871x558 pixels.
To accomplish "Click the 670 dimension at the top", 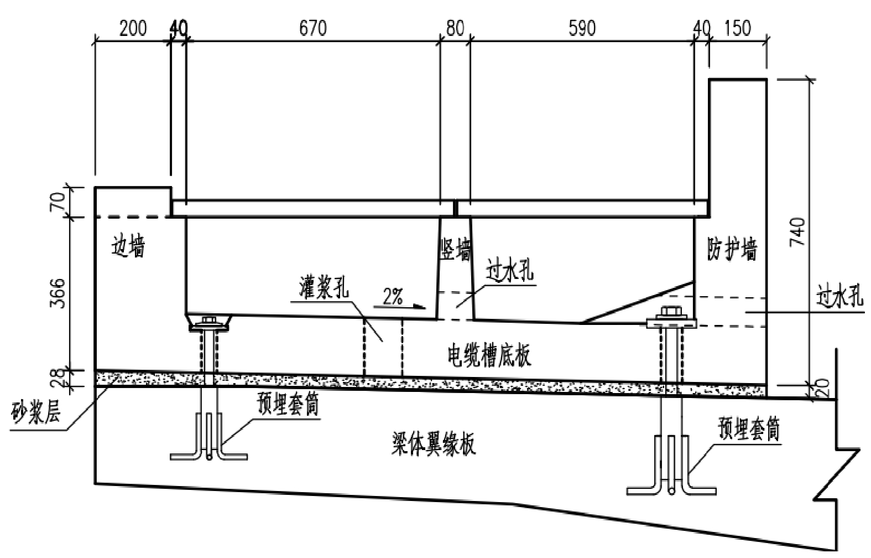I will click(313, 28).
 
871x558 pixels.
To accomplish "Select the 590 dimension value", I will click(582, 28).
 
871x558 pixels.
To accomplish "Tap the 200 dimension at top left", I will click(133, 28).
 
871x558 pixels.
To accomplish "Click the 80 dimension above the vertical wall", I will click(455, 28).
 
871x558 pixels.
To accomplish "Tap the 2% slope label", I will click(392, 298).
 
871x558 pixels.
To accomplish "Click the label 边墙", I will click(129, 246).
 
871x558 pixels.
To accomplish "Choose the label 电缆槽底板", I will click(489, 355).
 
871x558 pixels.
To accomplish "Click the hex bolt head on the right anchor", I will click(670, 314).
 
